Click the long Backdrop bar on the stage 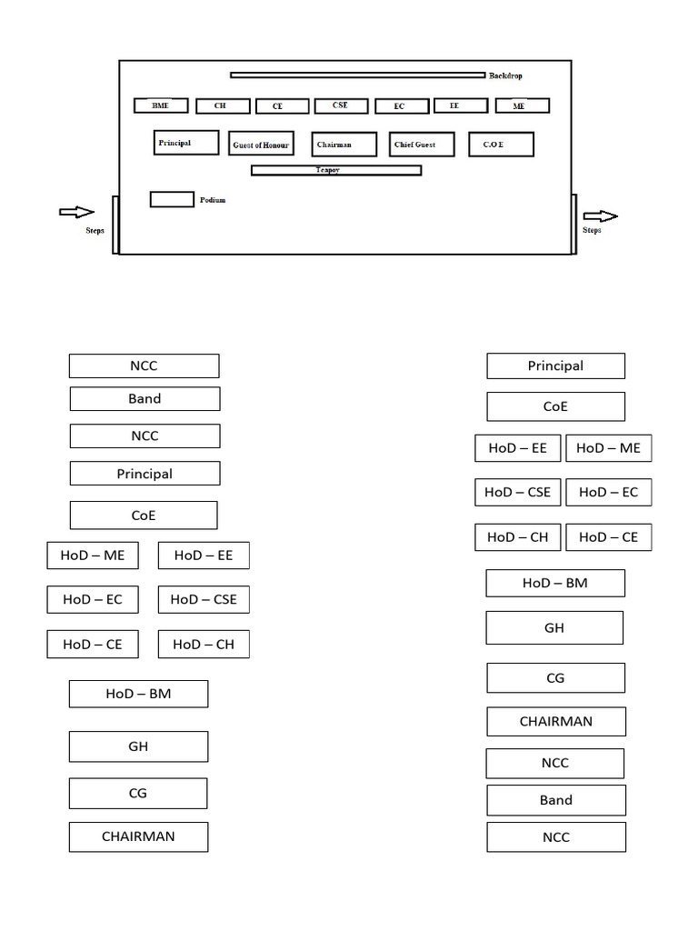pos(357,75)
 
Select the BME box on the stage pos(161,105)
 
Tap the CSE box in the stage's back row pos(341,105)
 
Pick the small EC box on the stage pos(401,106)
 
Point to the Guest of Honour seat pos(262,145)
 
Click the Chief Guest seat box pos(422,145)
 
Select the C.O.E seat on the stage pos(501,145)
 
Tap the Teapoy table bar pos(335,170)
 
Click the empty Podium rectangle pos(172,199)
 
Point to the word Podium pos(213,200)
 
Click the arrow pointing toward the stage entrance pos(76,212)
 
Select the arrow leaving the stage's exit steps pos(600,216)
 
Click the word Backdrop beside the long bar pos(505,76)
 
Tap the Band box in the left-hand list pos(145,399)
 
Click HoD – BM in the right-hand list pos(555,583)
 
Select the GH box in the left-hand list pos(138,746)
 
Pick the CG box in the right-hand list pos(555,677)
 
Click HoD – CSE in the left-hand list pos(203,599)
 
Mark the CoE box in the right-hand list pos(555,406)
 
